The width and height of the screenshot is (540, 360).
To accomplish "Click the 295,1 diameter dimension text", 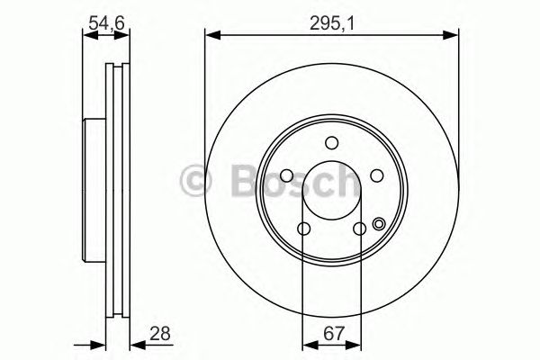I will tap(328, 23).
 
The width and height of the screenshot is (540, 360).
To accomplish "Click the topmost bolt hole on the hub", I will tap(331, 142).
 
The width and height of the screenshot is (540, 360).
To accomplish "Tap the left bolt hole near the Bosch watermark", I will tap(285, 175).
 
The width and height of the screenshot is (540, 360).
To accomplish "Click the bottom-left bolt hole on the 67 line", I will tap(303, 229).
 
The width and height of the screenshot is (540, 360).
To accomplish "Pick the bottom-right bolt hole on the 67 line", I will tap(359, 229).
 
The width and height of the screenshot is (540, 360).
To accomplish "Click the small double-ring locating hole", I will tap(379, 225).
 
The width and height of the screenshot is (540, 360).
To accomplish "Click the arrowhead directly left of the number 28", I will tap(136, 343).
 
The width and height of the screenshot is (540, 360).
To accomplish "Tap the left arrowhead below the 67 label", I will tap(307, 343).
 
